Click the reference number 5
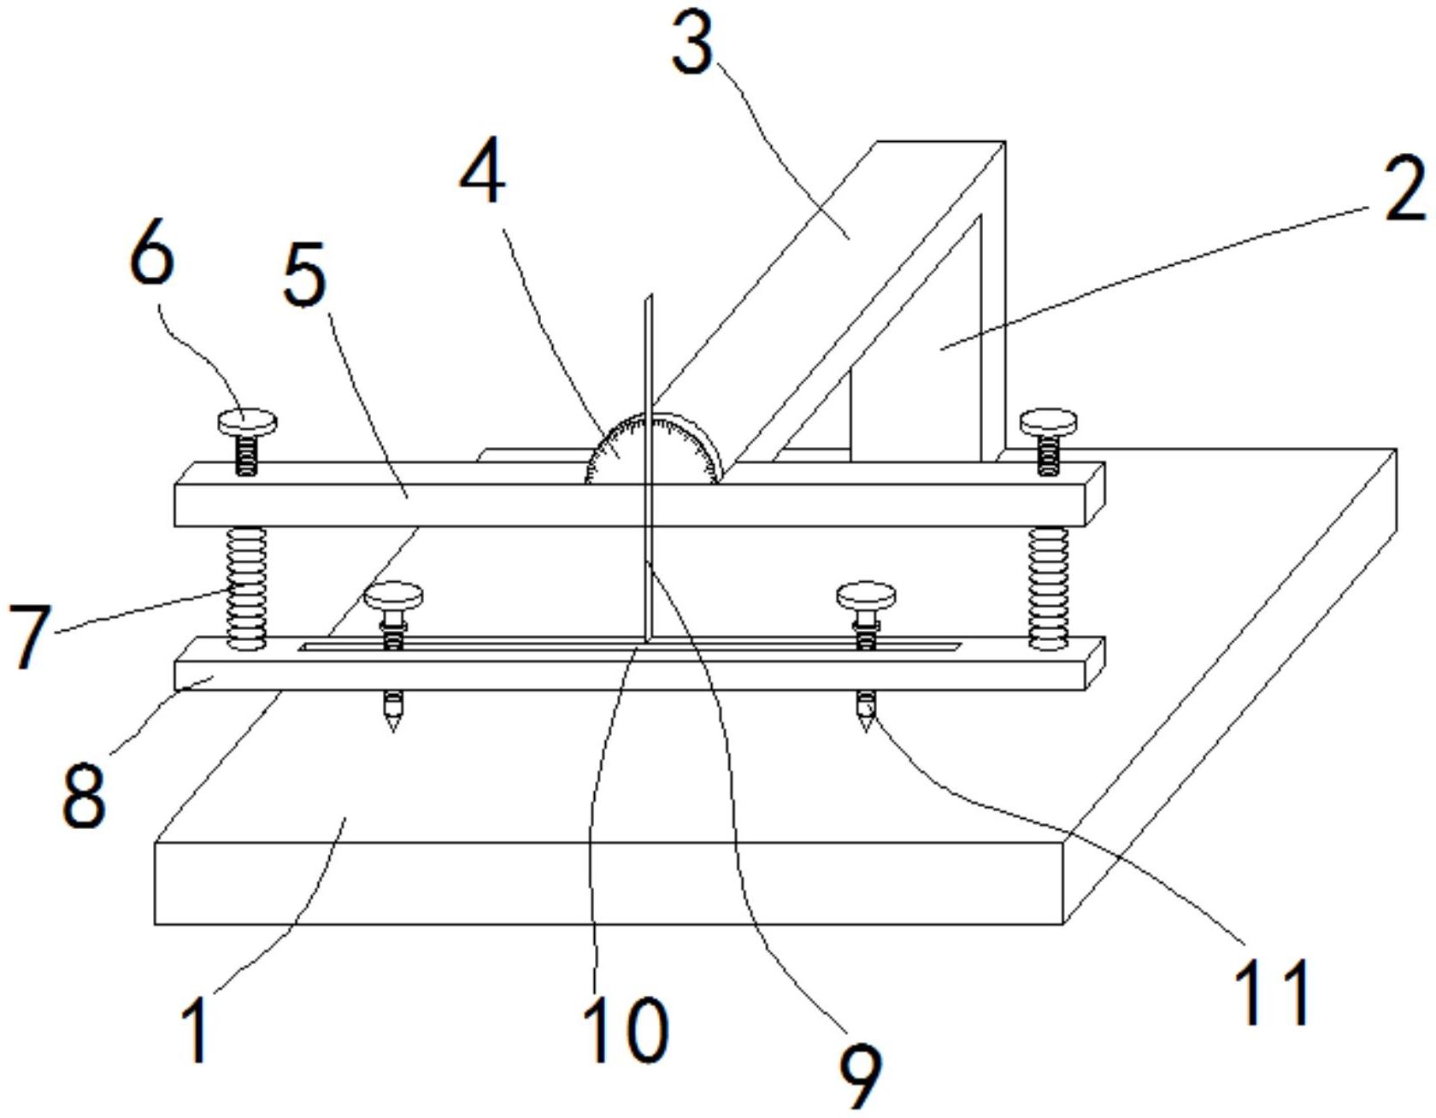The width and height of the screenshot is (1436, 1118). [305, 275]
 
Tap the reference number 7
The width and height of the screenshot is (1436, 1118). [30, 636]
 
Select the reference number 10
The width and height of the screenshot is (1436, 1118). [625, 1030]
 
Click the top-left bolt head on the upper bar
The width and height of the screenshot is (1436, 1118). [248, 421]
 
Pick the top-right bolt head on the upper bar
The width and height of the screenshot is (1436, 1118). [1049, 421]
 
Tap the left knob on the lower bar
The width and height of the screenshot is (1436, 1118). [393, 595]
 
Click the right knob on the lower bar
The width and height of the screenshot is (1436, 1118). [866, 595]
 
